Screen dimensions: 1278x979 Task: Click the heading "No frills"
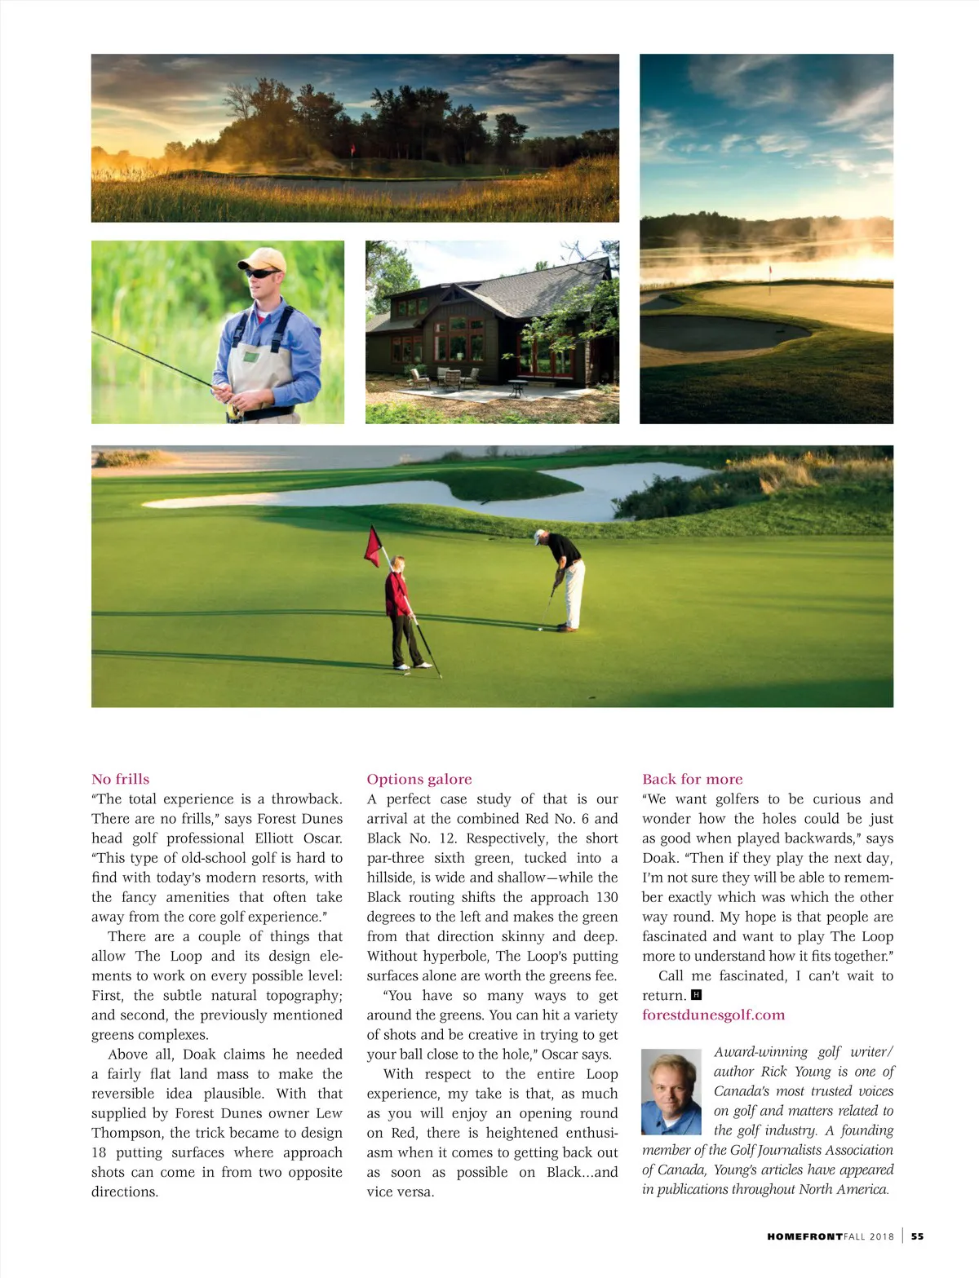click(x=120, y=779)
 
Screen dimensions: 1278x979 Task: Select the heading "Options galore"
click(x=419, y=779)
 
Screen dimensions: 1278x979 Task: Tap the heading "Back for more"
click(x=692, y=779)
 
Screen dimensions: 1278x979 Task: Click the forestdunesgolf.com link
click(x=713, y=1015)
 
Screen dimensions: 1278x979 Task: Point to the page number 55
click(x=918, y=1236)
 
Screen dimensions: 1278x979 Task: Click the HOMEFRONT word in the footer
click(x=804, y=1236)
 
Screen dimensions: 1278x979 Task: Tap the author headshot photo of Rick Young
click(x=671, y=1092)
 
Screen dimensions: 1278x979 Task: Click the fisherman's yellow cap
click(x=263, y=259)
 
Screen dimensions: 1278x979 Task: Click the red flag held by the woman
click(x=374, y=546)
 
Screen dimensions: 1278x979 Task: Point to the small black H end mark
click(x=696, y=995)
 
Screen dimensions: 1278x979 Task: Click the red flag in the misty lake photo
click(x=769, y=270)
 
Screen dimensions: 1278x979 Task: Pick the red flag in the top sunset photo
click(x=352, y=149)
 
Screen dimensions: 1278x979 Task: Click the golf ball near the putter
click(x=540, y=630)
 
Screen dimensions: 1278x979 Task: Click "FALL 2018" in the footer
click(x=870, y=1236)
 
